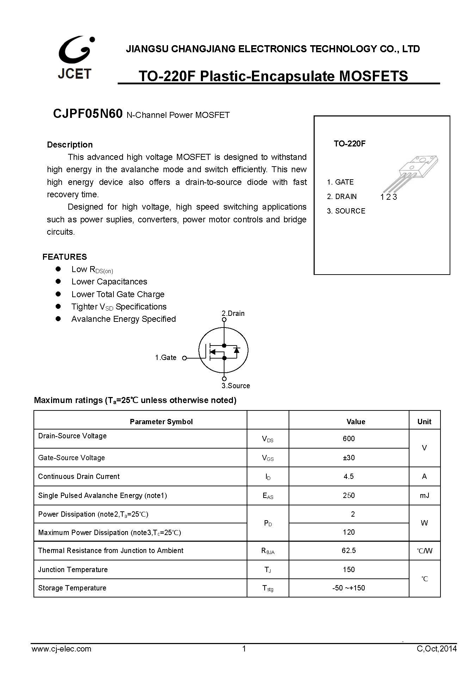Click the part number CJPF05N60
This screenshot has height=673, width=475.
[x=88, y=114]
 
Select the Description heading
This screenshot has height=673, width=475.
[x=70, y=145]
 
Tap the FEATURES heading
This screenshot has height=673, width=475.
[x=64, y=257]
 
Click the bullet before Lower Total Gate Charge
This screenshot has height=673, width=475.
[x=58, y=294]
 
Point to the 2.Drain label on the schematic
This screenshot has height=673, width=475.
[x=233, y=313]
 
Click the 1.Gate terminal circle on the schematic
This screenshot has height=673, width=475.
[x=184, y=358]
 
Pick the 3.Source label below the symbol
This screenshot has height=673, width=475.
[x=236, y=386]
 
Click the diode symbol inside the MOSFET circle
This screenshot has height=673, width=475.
[x=237, y=350]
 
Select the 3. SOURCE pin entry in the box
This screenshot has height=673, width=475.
[x=346, y=211]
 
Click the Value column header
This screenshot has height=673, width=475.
[x=356, y=422]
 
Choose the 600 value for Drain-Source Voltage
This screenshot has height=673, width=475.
[x=348, y=439]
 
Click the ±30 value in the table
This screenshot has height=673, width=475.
[x=348, y=458]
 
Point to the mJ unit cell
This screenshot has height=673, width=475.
[x=424, y=495]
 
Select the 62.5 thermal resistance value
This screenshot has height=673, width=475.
[x=348, y=551]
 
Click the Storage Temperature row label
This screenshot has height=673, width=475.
[x=72, y=588]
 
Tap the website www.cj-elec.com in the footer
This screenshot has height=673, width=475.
[x=61, y=649]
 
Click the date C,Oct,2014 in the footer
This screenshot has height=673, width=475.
[x=436, y=649]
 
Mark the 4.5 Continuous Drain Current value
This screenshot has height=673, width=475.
[x=348, y=476]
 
